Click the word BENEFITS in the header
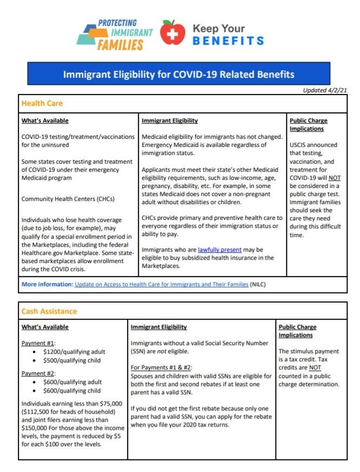click(x=228, y=41)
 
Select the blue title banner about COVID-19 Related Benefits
click(x=179, y=73)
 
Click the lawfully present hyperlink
click(x=219, y=250)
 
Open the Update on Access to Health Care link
click(x=162, y=284)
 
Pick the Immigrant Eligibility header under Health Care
click(x=170, y=121)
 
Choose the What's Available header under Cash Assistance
click(x=45, y=327)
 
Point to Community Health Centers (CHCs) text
click(x=68, y=199)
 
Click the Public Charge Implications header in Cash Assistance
click(x=297, y=331)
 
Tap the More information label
click(x=47, y=284)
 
